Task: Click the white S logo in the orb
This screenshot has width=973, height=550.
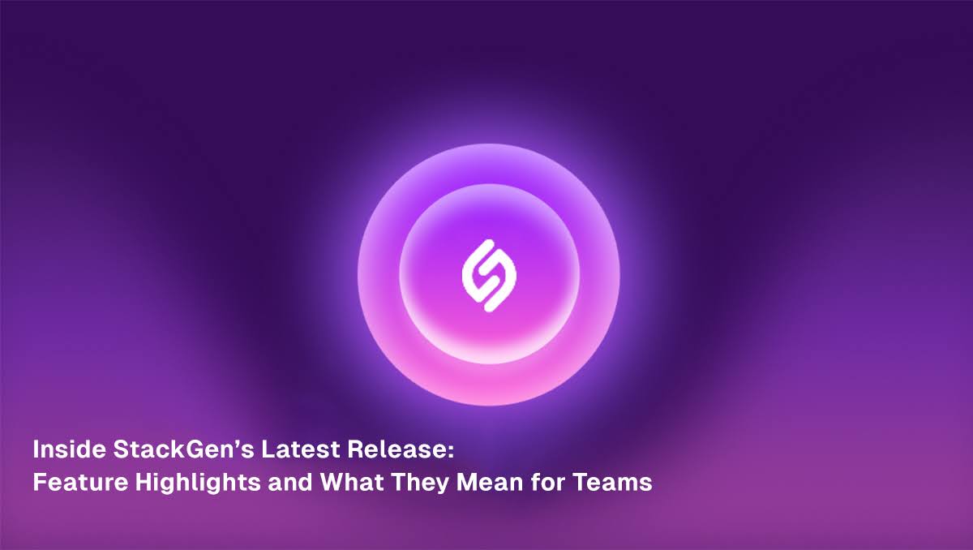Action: [x=489, y=276]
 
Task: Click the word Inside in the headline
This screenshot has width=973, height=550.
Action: [x=70, y=449]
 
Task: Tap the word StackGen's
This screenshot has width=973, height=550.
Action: [x=184, y=449]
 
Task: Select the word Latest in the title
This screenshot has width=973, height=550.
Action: [x=301, y=449]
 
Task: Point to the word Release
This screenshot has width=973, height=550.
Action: [x=396, y=449]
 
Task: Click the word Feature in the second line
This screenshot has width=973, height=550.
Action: [x=80, y=482]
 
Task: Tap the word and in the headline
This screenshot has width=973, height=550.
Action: [x=290, y=482]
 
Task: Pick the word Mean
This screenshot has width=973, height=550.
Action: [x=490, y=482]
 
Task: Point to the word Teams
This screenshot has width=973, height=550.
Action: [x=612, y=482]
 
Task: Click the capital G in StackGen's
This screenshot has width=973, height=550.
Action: [x=186, y=449]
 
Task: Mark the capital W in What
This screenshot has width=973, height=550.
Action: [x=334, y=482]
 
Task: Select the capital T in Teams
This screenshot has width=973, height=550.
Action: [x=580, y=482]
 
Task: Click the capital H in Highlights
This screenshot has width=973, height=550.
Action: [x=144, y=482]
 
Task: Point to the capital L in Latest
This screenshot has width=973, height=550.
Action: [x=268, y=449]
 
